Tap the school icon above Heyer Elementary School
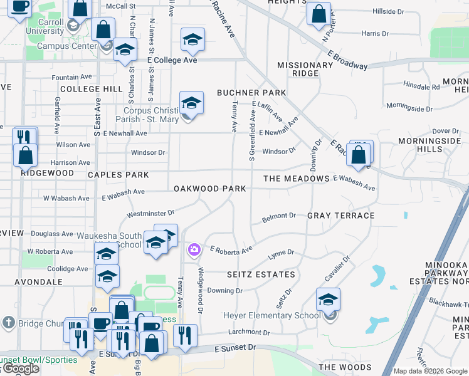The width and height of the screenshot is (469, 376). [x=328, y=300]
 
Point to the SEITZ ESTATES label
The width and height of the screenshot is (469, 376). [x=261, y=274]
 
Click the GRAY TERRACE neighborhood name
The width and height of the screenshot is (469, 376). [x=340, y=216]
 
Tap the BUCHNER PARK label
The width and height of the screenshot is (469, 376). [x=251, y=93]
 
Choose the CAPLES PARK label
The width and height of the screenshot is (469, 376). [x=119, y=175]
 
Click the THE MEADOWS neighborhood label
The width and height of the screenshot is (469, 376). [x=297, y=179]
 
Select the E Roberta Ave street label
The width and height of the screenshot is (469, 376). [x=230, y=249]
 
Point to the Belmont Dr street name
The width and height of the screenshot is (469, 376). [x=278, y=216]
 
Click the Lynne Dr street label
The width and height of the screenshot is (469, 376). [x=281, y=253]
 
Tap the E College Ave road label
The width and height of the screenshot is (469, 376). [x=172, y=60]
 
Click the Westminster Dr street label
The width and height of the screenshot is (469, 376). [x=150, y=214]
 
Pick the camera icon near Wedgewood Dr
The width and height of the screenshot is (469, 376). [x=194, y=251]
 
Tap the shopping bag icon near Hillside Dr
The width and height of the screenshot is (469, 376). [x=319, y=13]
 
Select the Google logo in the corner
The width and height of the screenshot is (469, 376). [x=21, y=369]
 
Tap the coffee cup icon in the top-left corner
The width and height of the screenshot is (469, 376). [x=19, y=7]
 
